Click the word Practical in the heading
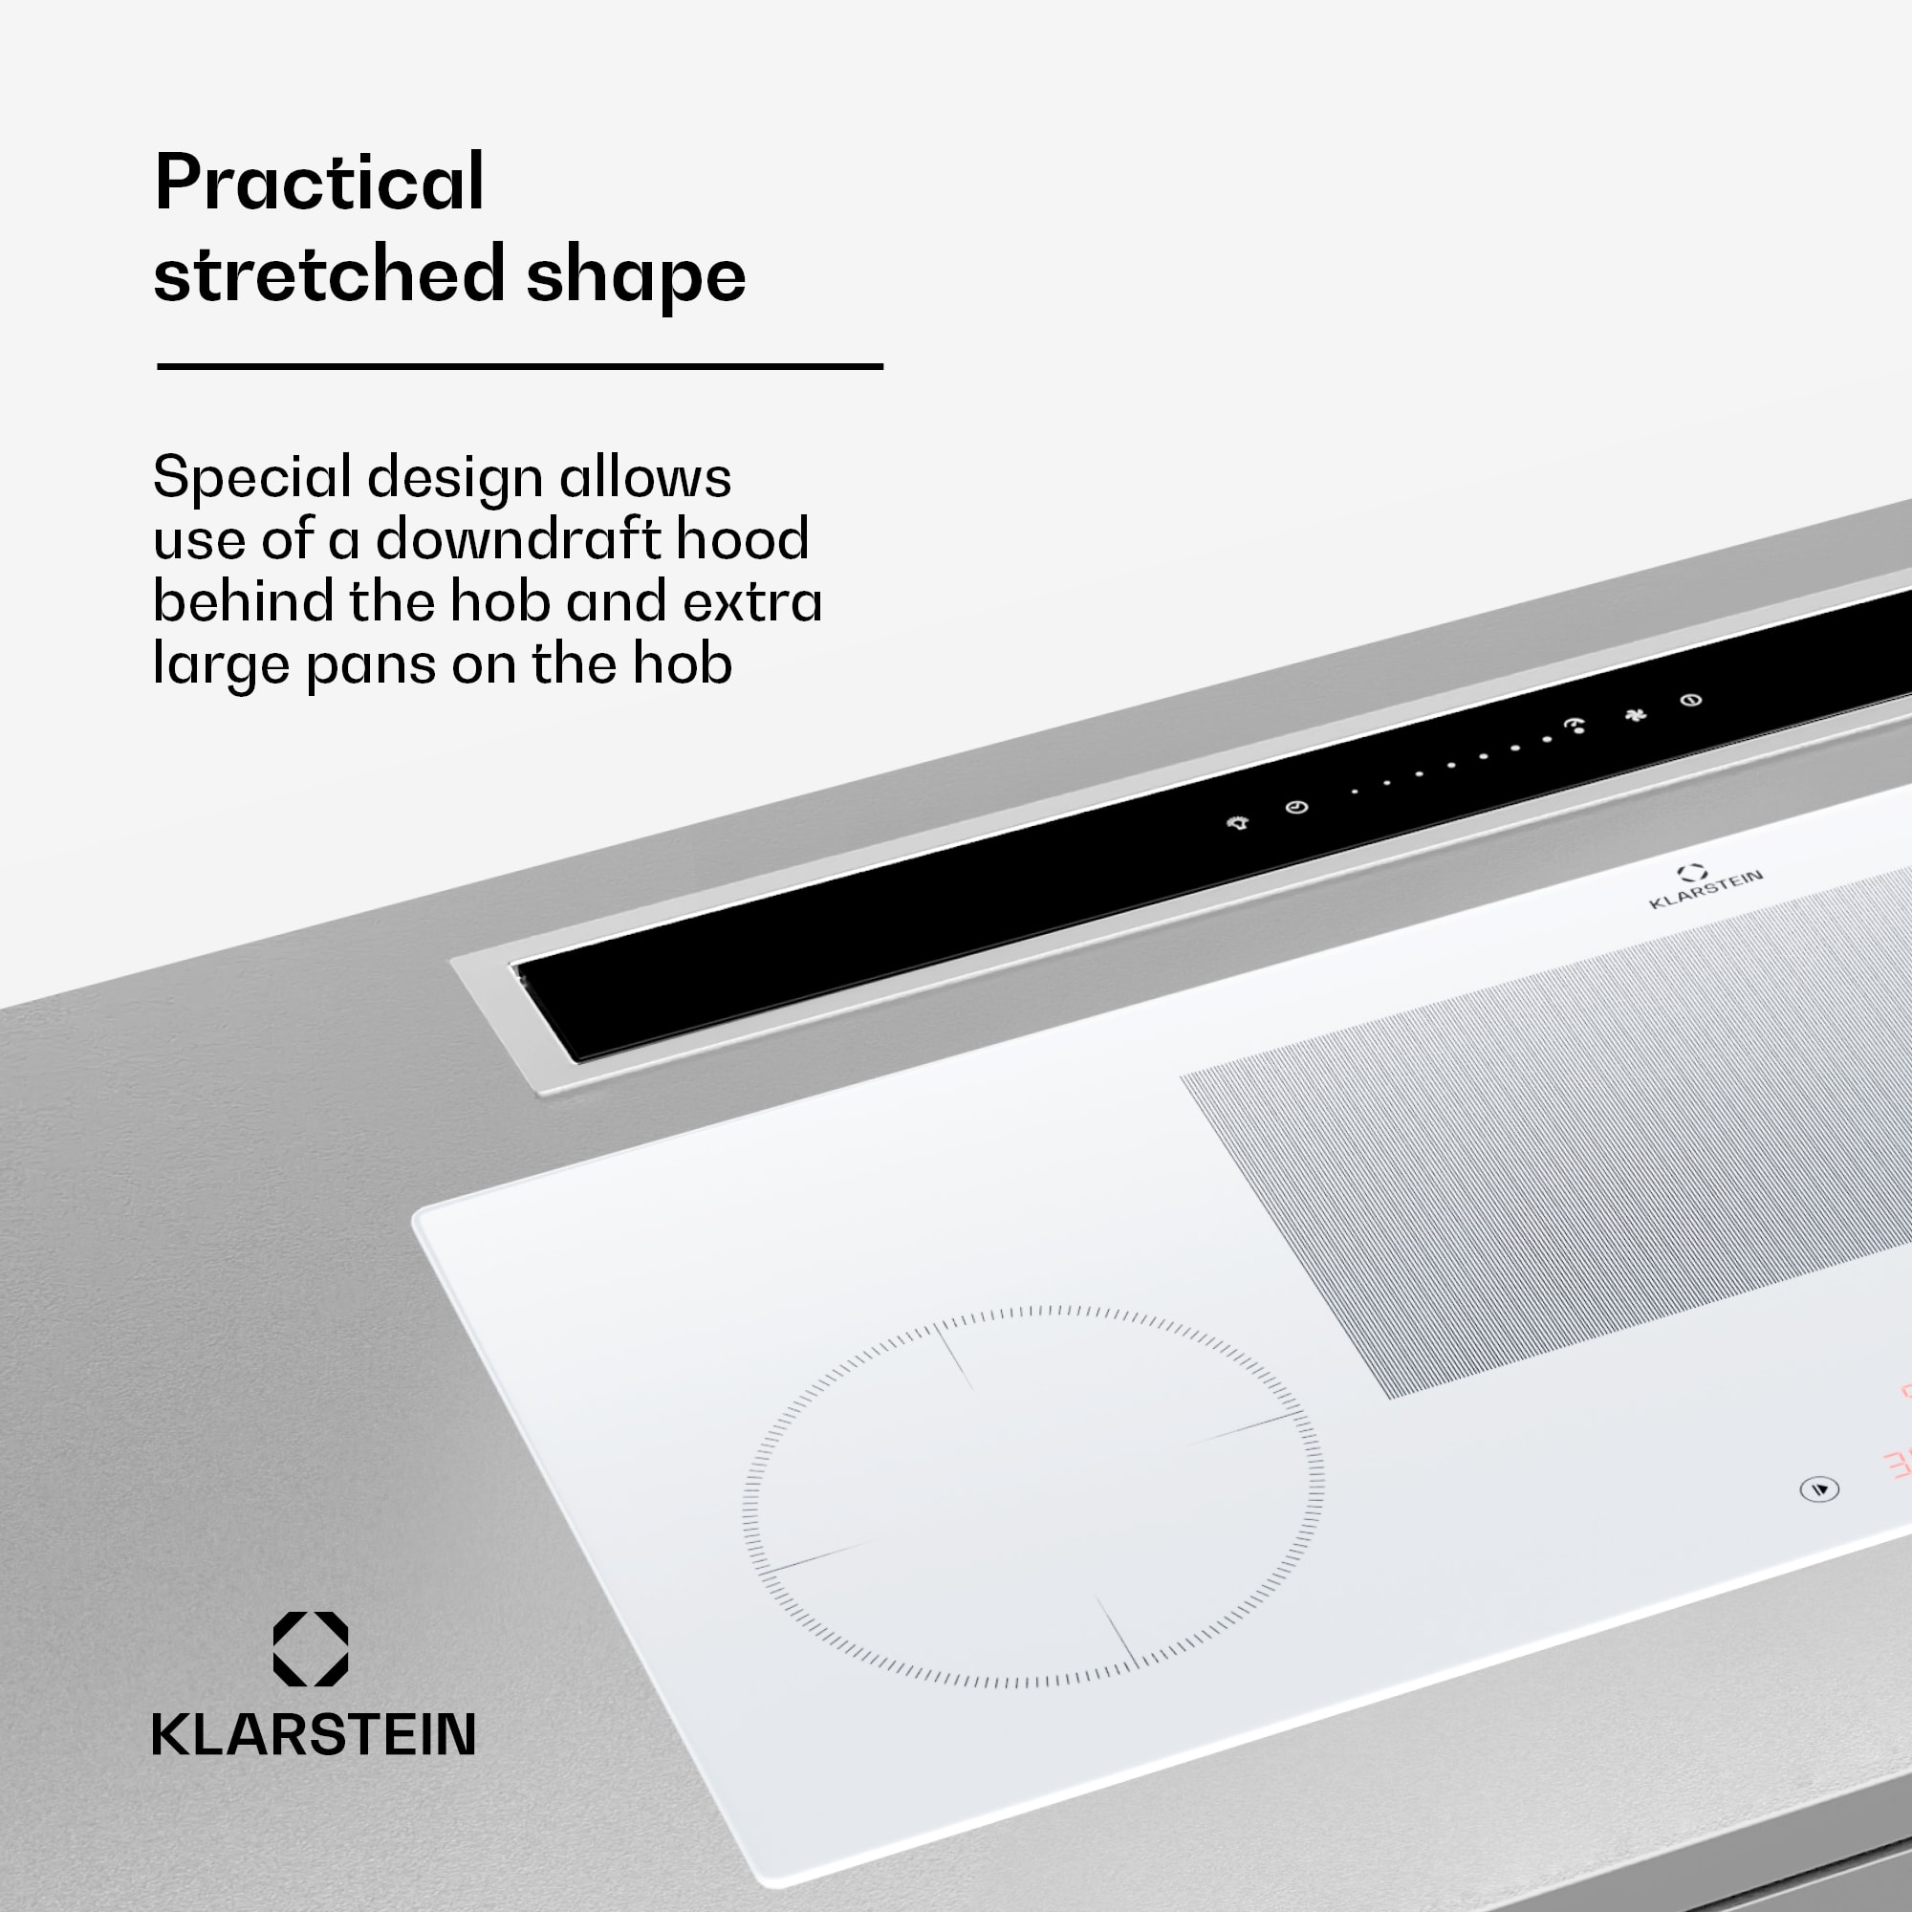318,184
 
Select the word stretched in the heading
329,274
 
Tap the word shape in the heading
636,276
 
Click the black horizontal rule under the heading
518,367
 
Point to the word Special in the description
251,479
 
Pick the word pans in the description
370,665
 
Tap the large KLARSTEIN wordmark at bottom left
313,1734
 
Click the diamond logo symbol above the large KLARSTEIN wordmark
311,1649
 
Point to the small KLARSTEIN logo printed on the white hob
1705,887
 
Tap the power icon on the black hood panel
1691,701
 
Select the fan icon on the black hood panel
1636,714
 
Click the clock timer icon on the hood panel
1296,808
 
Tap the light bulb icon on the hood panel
1238,822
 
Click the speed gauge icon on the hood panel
1575,727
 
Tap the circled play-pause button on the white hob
1819,1489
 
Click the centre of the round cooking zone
1033,1496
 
